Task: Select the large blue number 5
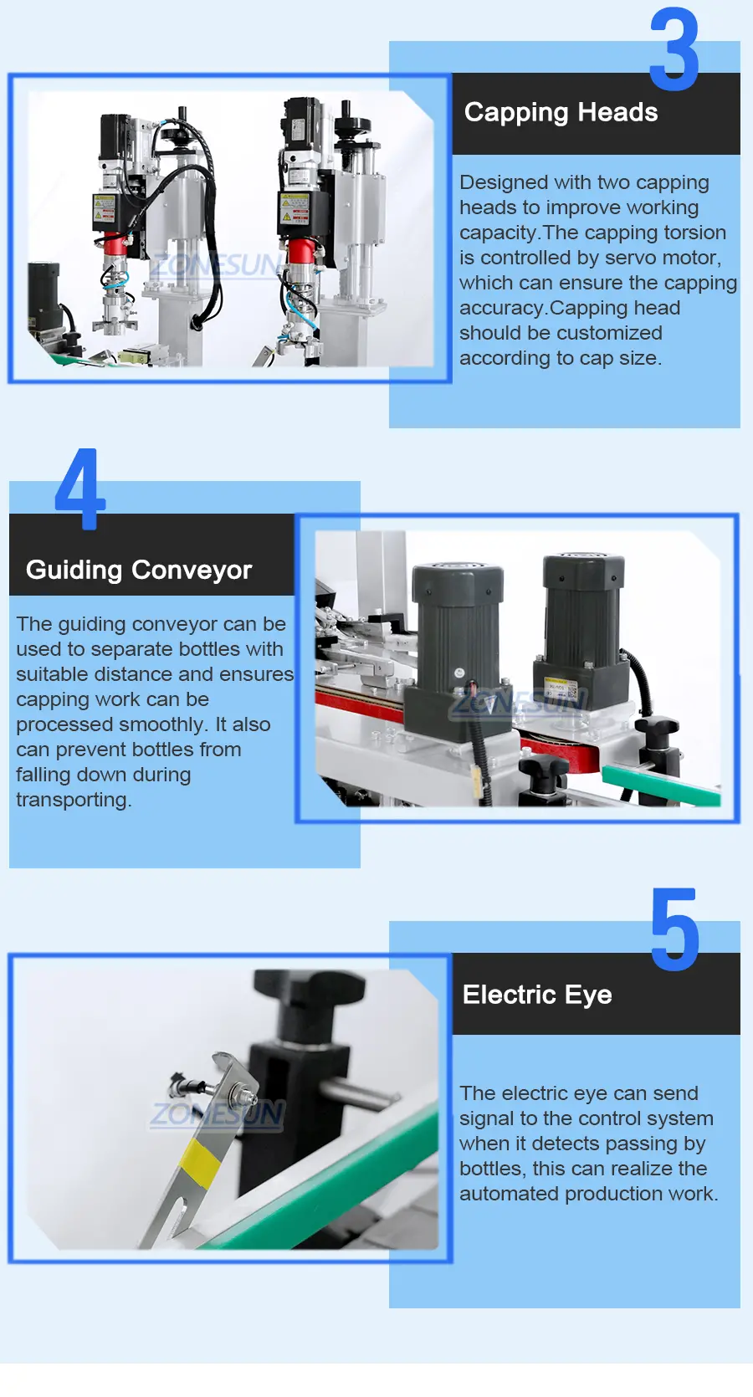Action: pyautogui.click(x=675, y=929)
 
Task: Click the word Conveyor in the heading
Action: pyautogui.click(x=192, y=570)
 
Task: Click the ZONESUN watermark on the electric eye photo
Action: pyautogui.click(x=218, y=1114)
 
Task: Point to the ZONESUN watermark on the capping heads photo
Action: pyautogui.click(x=215, y=266)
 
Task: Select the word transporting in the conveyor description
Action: pyautogui.click(x=74, y=801)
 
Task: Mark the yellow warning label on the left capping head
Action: pyautogui.click(x=104, y=208)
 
